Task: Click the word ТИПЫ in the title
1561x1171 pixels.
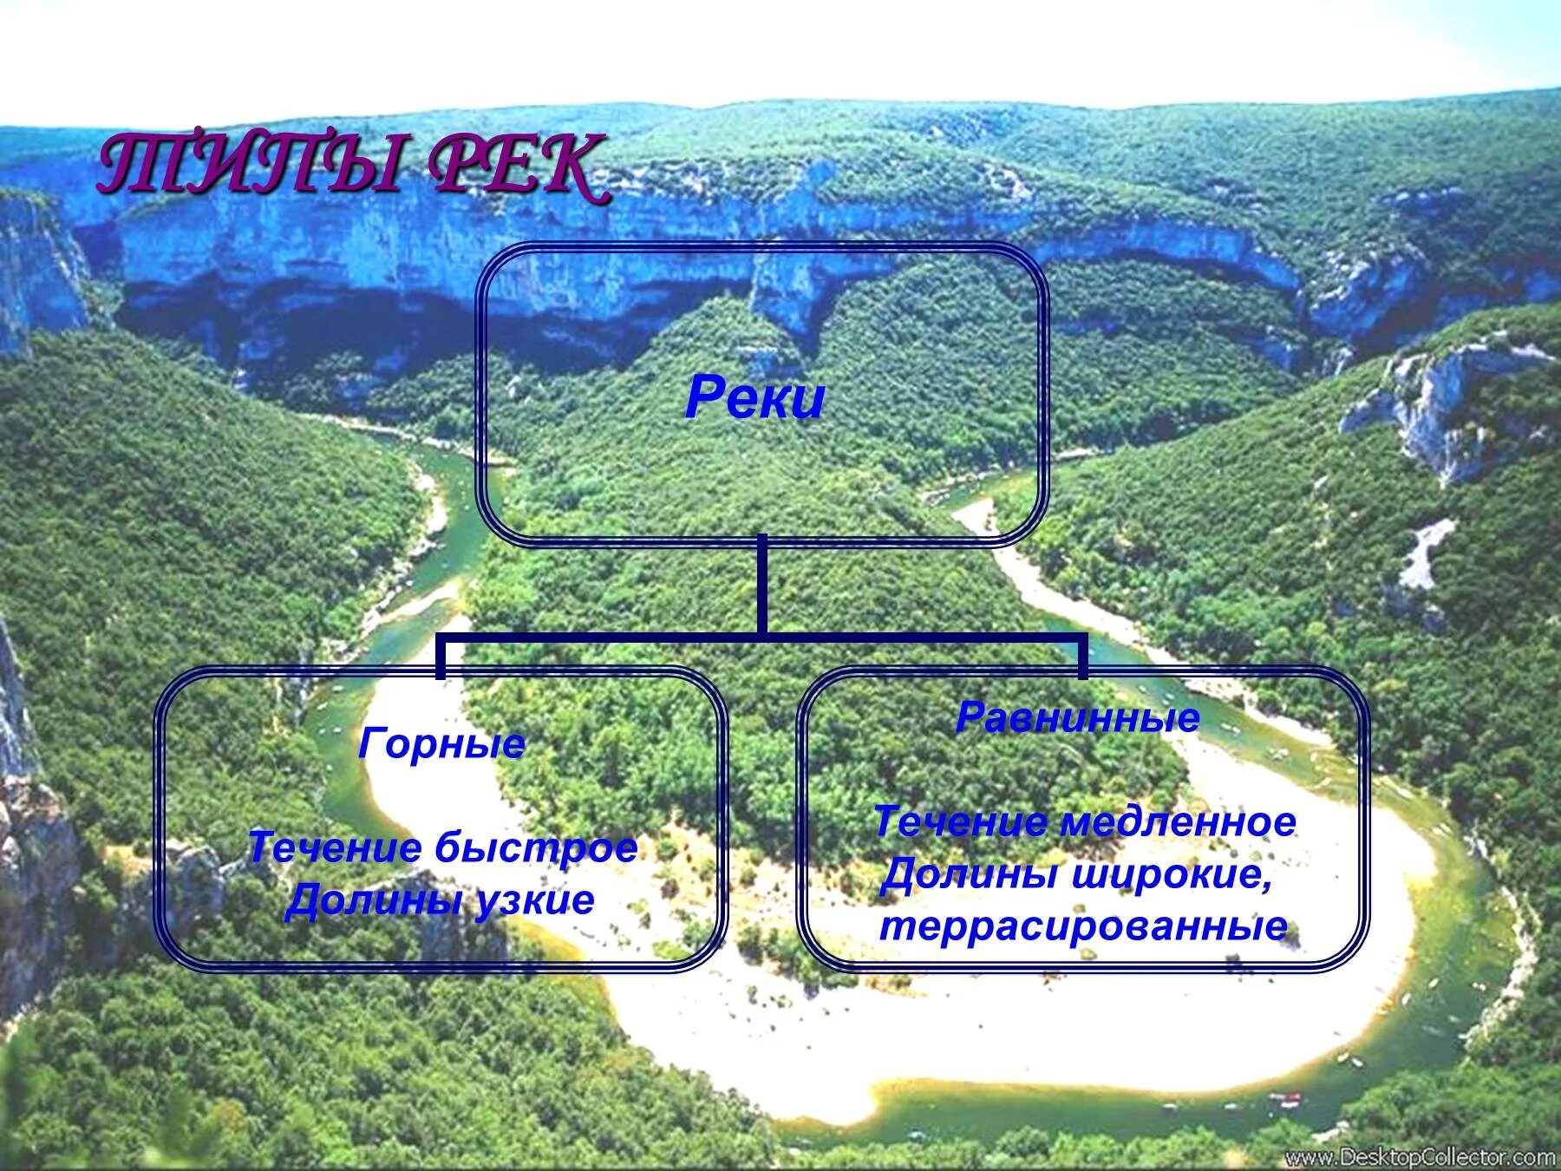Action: pyautogui.click(x=251, y=165)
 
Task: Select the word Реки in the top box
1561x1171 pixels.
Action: pyautogui.click(x=754, y=399)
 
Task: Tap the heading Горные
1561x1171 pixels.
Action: pyautogui.click(x=442, y=744)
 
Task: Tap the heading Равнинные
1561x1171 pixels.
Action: pyautogui.click(x=1078, y=718)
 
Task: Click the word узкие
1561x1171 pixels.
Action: pyautogui.click(x=534, y=900)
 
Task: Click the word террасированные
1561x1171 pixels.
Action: pyautogui.click(x=1083, y=926)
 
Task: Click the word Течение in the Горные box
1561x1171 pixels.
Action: pyautogui.click(x=334, y=847)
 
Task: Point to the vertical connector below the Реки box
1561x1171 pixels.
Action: pyautogui.click(x=761, y=585)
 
